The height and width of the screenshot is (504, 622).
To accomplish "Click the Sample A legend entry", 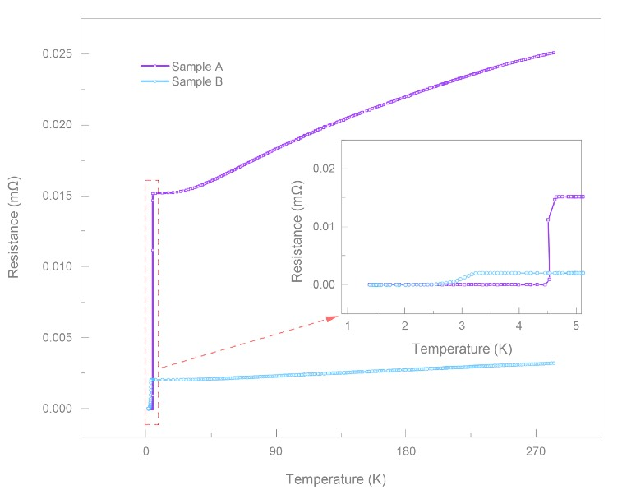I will (x=197, y=66).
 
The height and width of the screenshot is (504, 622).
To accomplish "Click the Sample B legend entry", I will (x=197, y=81).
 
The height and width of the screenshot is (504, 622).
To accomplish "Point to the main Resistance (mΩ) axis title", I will (x=15, y=232).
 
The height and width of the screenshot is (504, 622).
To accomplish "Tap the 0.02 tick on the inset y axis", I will (x=325, y=169).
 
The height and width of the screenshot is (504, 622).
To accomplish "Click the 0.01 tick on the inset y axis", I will (x=325, y=227).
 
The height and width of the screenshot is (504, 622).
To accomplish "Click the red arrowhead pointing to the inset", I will (x=333, y=317).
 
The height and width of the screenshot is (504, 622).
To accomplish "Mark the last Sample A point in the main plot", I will (x=554, y=53).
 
